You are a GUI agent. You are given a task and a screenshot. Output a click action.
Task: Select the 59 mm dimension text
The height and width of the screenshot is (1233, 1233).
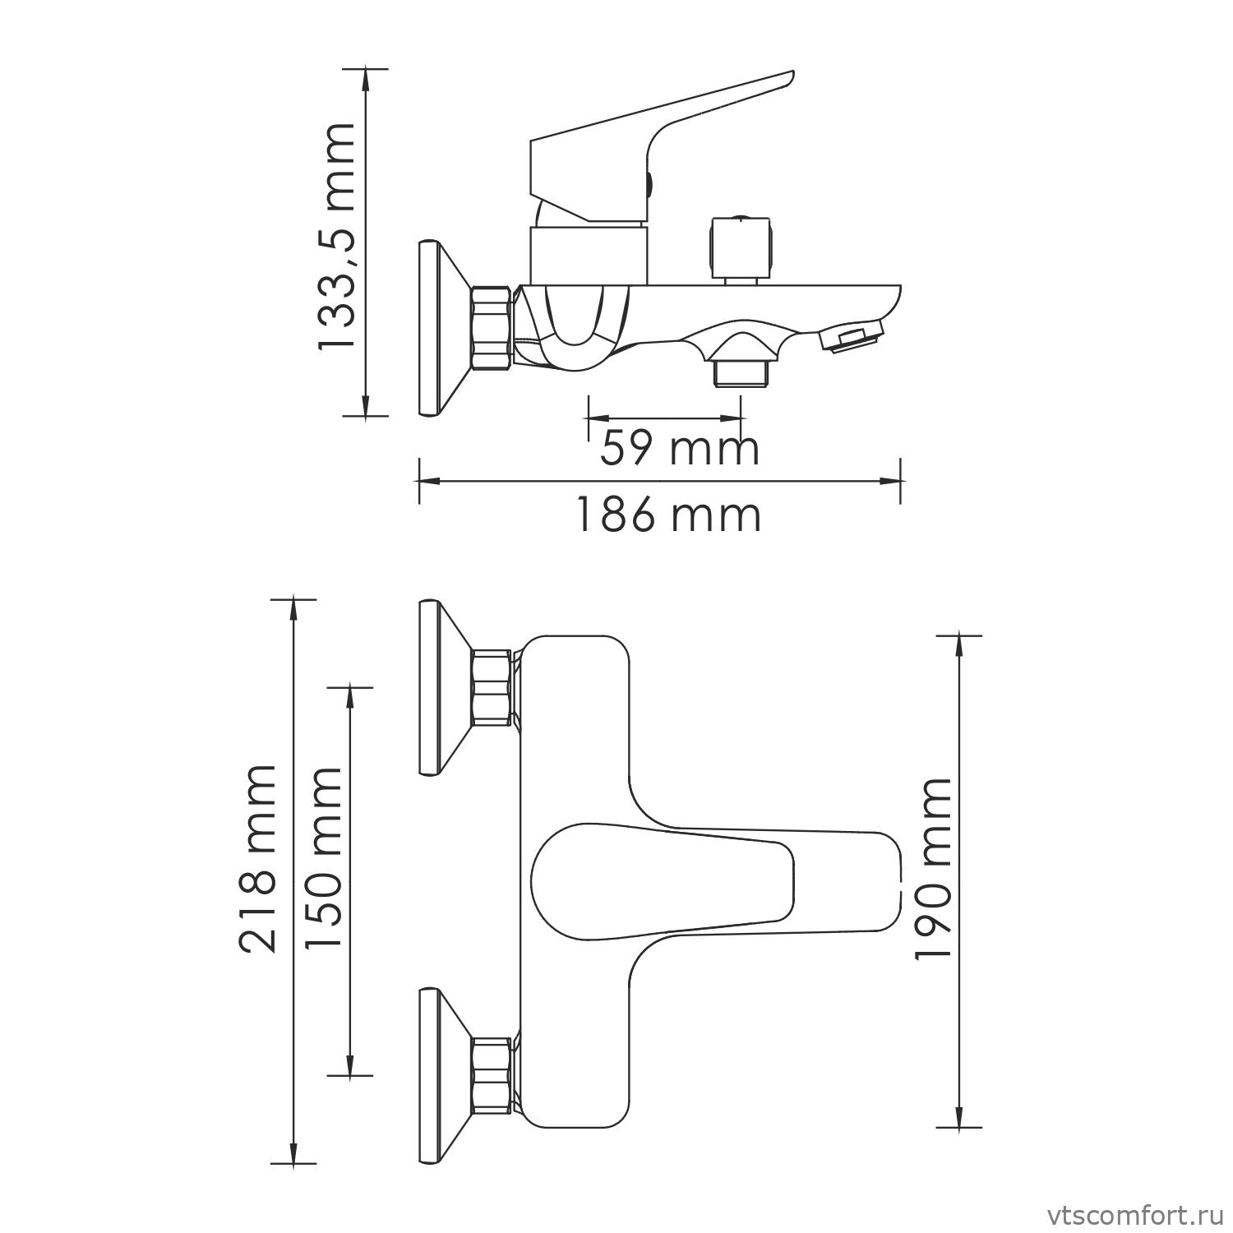point(679,449)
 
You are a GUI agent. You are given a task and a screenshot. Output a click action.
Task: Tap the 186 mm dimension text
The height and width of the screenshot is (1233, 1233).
point(667,515)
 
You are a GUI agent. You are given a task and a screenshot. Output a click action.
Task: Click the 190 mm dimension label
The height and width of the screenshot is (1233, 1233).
point(933,868)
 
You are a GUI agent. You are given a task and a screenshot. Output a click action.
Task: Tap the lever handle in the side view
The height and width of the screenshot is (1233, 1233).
point(658,140)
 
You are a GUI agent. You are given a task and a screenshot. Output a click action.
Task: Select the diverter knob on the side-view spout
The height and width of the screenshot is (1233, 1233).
point(741,247)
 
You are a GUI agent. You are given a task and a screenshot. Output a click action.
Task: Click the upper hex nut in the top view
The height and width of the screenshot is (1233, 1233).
point(492,687)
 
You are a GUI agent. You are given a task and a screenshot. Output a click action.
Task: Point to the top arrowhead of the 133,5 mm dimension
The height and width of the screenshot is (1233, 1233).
point(365,78)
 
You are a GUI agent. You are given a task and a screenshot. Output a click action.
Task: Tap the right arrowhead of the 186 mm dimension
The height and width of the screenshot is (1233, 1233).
point(892,482)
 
